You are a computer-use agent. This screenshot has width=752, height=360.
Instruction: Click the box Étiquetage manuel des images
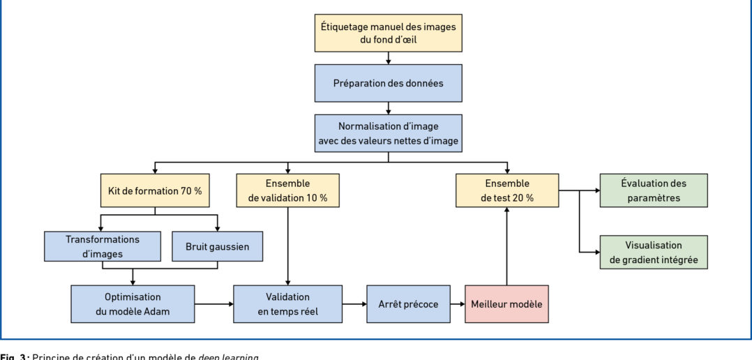coord(388,33)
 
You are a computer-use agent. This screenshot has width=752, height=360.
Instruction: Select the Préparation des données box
coord(388,82)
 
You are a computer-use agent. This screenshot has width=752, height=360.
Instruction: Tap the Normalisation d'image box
coord(388,134)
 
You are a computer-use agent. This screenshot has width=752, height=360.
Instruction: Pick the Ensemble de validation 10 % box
coord(287,190)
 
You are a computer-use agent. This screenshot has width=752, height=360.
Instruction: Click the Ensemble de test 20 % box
coord(507,190)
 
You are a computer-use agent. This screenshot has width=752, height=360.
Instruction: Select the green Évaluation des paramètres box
coord(654,190)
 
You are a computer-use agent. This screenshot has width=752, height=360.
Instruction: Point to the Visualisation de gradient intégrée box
coord(654,253)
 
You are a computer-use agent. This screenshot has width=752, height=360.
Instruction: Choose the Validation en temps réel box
coord(287,303)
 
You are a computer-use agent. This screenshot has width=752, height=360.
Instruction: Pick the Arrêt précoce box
coord(398,304)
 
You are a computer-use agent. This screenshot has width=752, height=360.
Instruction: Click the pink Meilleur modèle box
coord(507,304)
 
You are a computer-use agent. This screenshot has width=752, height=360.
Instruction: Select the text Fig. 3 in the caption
coord(13,357)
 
